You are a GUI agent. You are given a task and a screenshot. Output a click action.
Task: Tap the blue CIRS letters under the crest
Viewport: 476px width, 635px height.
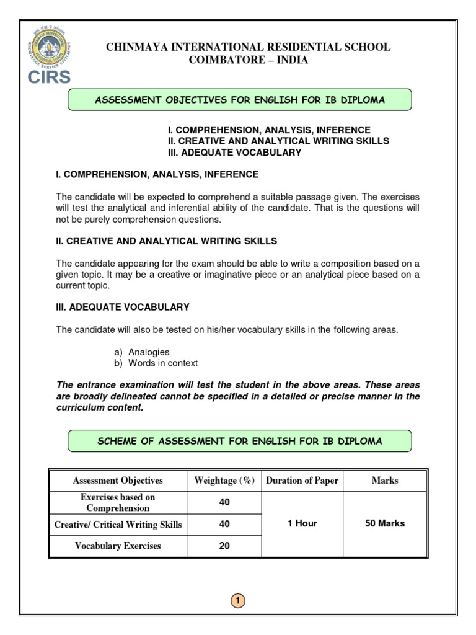(x=48, y=78)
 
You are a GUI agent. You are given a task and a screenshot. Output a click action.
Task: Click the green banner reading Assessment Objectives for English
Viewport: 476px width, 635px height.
(x=239, y=100)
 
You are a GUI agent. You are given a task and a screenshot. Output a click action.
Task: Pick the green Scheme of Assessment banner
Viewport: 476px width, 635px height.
(x=239, y=441)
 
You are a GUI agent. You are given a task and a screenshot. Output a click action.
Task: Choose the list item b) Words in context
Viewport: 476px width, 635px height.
(x=156, y=363)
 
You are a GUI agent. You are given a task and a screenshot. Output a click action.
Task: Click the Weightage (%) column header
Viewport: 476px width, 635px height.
(x=224, y=481)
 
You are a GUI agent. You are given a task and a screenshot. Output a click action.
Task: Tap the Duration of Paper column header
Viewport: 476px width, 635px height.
(x=302, y=481)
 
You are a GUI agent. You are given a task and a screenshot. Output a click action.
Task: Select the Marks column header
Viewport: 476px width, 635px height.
(x=385, y=481)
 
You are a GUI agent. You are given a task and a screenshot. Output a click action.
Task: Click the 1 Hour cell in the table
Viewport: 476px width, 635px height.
(x=302, y=523)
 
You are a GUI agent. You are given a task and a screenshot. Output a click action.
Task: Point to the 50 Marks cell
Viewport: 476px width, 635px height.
(x=385, y=523)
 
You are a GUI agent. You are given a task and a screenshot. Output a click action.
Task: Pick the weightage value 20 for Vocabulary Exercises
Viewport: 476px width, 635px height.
(x=224, y=546)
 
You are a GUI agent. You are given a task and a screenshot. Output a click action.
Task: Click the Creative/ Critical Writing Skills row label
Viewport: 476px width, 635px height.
(x=118, y=525)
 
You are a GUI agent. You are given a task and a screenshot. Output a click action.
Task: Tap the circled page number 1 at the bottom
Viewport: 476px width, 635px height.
(x=239, y=600)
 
